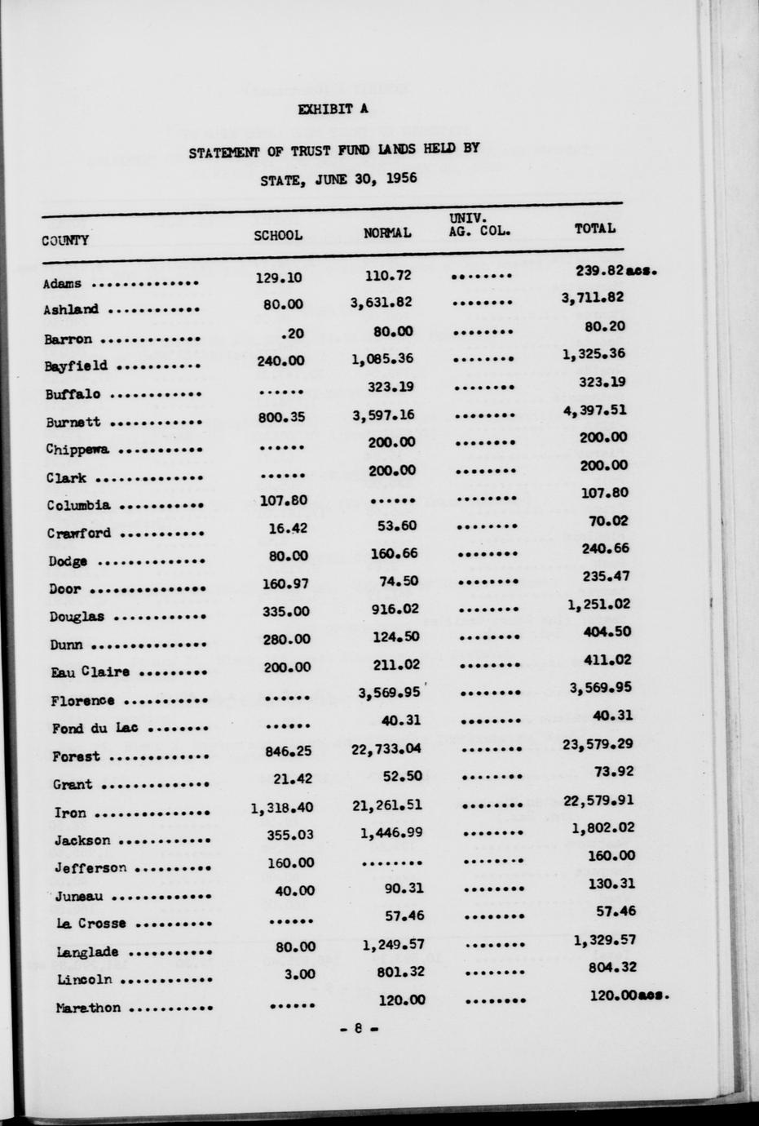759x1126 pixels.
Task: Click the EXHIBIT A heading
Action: [333, 109]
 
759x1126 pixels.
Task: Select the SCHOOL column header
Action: [278, 235]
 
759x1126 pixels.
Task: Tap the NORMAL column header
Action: [387, 233]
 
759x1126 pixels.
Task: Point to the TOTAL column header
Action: [594, 228]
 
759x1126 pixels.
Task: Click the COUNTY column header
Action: [66, 240]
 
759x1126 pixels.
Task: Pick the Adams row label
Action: [63, 284]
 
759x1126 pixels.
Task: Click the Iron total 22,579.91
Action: [598, 799]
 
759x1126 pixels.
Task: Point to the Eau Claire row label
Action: [90, 672]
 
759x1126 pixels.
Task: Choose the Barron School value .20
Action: [290, 333]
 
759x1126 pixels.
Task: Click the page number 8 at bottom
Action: [358, 1030]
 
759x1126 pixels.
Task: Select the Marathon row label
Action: [88, 1008]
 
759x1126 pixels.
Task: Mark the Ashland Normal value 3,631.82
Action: [381, 303]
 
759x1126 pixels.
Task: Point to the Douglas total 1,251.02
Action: [599, 604]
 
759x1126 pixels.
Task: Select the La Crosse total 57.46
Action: [616, 911]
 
